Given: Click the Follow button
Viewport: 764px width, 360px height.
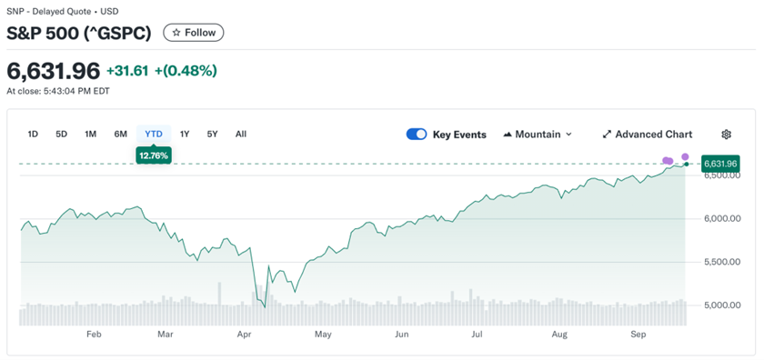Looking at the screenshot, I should (194, 33).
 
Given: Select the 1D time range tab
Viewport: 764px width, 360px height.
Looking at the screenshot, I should (33, 135).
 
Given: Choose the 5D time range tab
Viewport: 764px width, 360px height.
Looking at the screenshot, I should (62, 135).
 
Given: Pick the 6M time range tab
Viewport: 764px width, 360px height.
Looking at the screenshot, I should (121, 135).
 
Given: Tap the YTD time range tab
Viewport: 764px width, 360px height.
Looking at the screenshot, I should (154, 135).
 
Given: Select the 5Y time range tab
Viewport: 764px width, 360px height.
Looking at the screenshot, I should (213, 135).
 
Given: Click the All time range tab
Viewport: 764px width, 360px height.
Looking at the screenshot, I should (241, 135).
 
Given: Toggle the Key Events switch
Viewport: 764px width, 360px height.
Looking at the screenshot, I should (417, 135).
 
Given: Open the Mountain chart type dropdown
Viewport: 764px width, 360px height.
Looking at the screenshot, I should (538, 135).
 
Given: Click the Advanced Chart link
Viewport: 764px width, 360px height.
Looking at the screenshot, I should (647, 135).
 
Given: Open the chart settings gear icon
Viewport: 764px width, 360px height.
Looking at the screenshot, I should (726, 135).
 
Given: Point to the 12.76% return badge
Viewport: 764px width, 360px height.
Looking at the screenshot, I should (154, 155).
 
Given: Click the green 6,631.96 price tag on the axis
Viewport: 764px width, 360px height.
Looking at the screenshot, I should (720, 164).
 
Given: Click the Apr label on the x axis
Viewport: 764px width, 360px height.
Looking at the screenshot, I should (244, 335).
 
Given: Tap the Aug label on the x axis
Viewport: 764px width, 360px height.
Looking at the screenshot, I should (559, 335).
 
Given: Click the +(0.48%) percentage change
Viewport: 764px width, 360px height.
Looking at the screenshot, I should (186, 71).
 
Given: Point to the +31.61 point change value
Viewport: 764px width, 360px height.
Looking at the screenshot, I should (127, 71).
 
